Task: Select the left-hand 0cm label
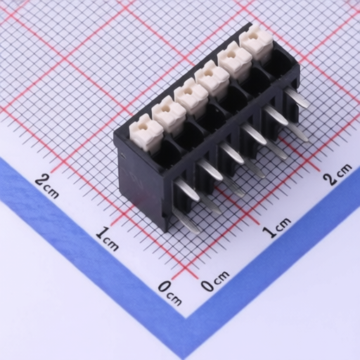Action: pos(170,293)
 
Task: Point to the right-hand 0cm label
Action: pos(215,281)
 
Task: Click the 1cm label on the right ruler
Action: pos(276,227)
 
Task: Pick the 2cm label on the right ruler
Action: pos(337,174)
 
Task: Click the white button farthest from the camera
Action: pos(257,42)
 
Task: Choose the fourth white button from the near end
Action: pos(212,79)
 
